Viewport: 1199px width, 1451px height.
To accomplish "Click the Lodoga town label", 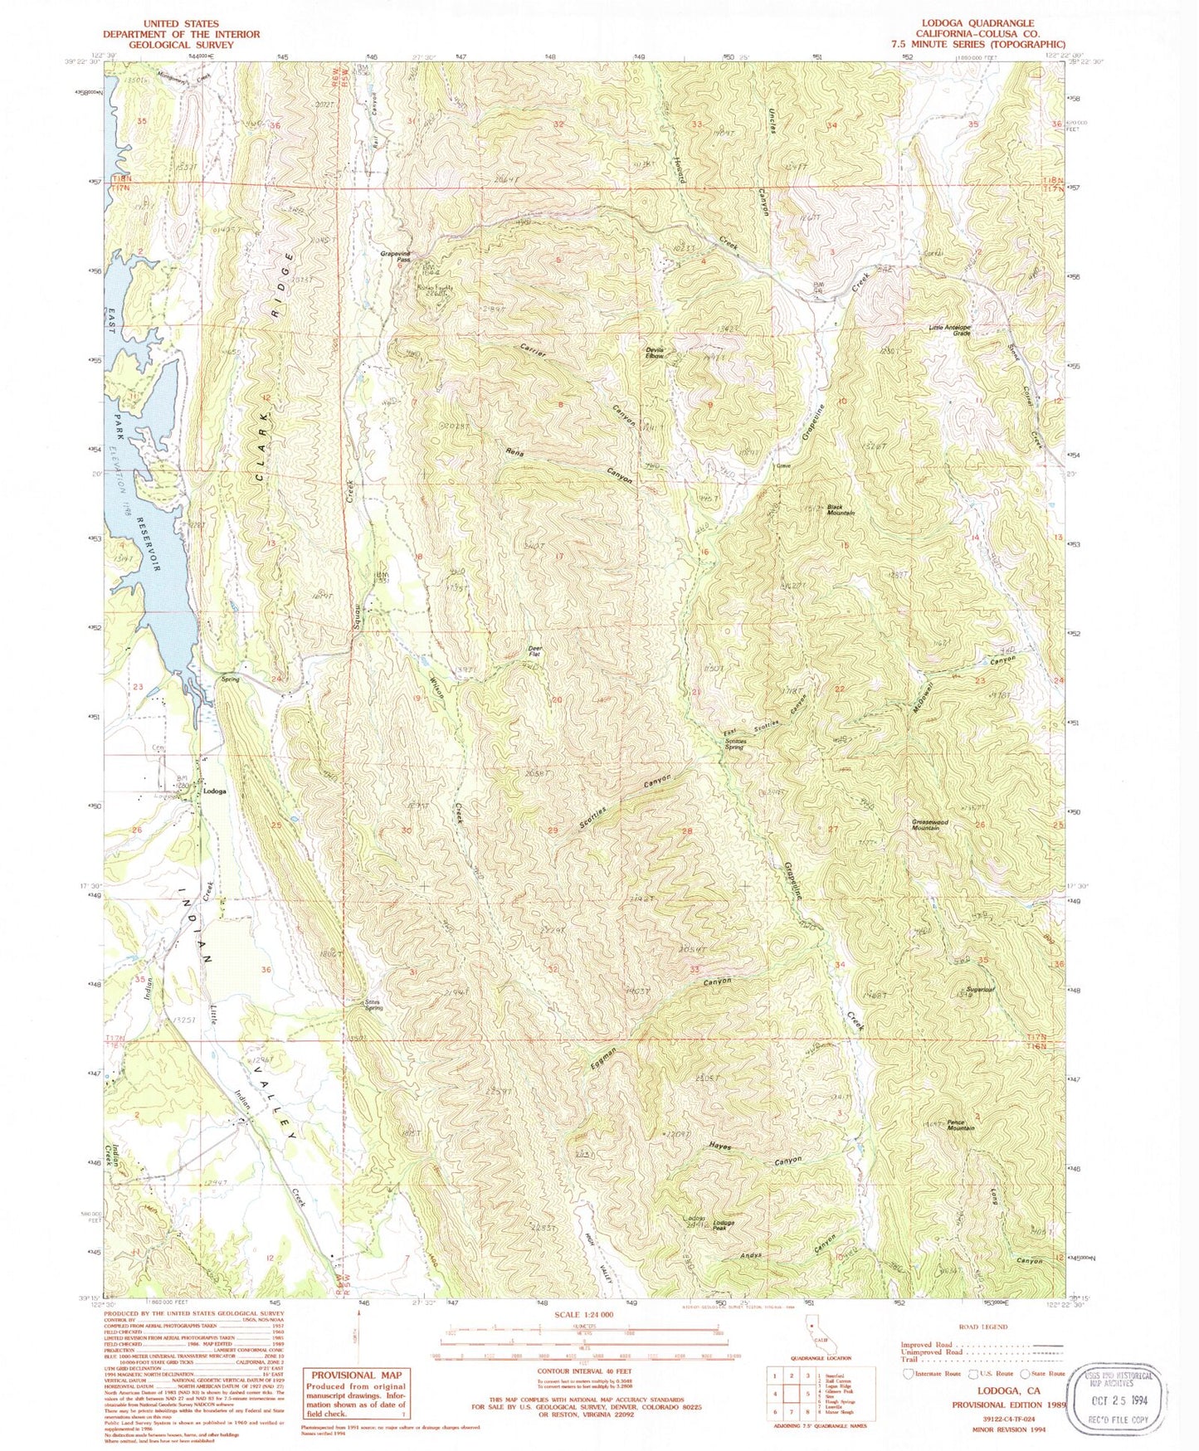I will coord(215,791).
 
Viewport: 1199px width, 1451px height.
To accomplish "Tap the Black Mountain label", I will coord(840,510).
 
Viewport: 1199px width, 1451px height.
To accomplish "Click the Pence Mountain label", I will coord(961,1124).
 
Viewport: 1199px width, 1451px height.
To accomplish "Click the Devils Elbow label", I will coord(655,353).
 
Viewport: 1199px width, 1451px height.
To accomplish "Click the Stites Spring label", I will coord(375,1005).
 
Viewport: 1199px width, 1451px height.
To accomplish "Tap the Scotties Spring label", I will coord(735,744).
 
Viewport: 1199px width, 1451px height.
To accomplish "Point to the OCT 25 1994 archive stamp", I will coord(1119,1400).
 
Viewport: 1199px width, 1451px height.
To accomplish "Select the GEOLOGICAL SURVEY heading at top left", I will coord(181,45).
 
